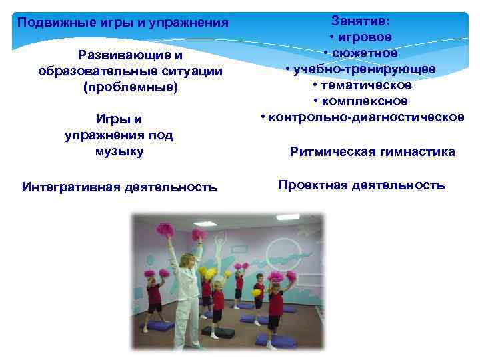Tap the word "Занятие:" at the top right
pyautogui.click(x=361, y=21)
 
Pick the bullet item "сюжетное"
pyautogui.click(x=365, y=53)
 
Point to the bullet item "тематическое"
pyautogui.click(x=365, y=85)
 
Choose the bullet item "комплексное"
pyautogui.click(x=365, y=101)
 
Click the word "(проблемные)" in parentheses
pyautogui.click(x=131, y=87)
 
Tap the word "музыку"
pyautogui.click(x=119, y=151)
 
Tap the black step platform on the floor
pyautogui.click(x=221, y=333)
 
